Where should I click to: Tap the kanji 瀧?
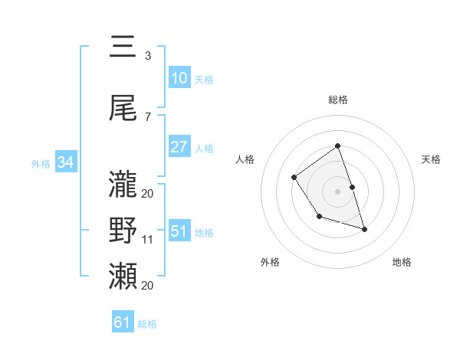(123, 184)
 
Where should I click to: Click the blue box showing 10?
(179, 78)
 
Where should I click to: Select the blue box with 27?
(179, 147)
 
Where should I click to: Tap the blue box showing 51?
(179, 231)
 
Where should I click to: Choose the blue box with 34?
(65, 162)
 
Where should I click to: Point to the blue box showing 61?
(123, 322)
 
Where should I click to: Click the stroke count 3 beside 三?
(148, 55)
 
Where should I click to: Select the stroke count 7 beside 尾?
(148, 117)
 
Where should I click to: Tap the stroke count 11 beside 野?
(148, 240)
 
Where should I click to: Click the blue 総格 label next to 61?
(147, 324)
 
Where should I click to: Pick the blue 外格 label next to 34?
(41, 163)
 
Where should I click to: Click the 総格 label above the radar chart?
(337, 100)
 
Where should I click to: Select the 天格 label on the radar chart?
(432, 159)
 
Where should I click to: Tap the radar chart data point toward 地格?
(364, 229)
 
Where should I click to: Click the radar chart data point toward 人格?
(294, 178)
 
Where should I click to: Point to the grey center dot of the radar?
(337, 191)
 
